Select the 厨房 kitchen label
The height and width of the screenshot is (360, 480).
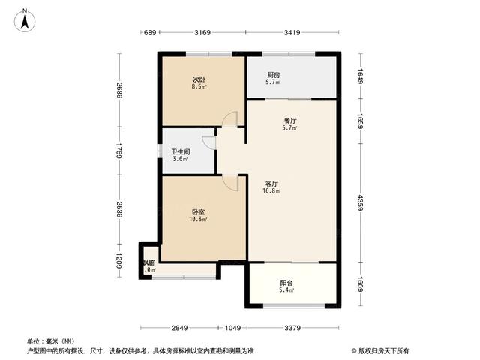[x=274, y=75]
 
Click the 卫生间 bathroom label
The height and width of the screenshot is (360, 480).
[x=180, y=151]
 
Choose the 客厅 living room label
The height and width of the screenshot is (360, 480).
[x=272, y=183]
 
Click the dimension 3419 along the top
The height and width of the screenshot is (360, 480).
[x=292, y=33]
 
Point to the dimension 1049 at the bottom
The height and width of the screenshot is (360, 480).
[x=233, y=328]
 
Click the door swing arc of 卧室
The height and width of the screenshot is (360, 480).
[x=230, y=183]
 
